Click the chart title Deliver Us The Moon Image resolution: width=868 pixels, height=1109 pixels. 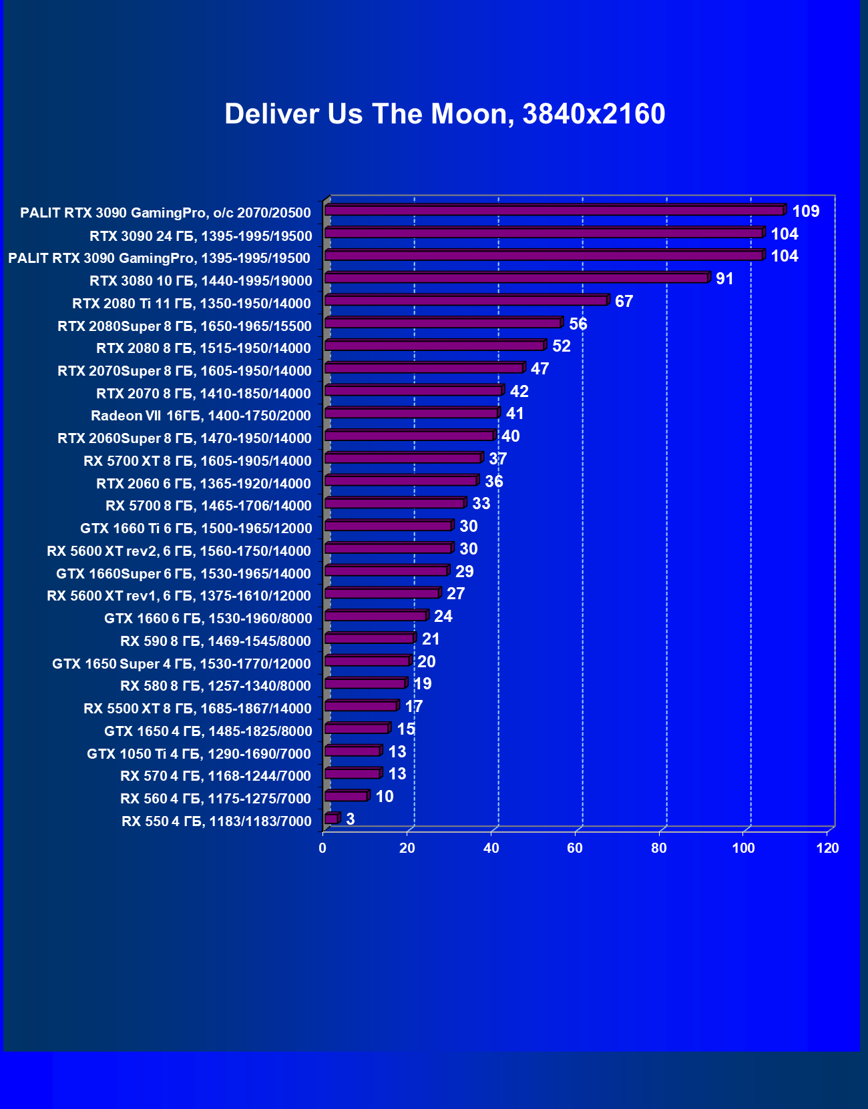pyautogui.click(x=445, y=114)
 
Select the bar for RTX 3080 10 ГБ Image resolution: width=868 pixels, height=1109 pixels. pyautogui.click(x=516, y=278)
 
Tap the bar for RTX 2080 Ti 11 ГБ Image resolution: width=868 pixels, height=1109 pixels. pyautogui.click(x=465, y=301)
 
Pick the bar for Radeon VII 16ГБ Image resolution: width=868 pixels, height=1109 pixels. pyautogui.click(x=411, y=414)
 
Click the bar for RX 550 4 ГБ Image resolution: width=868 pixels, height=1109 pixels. pyautogui.click(x=331, y=819)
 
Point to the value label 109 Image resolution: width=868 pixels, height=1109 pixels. pyautogui.click(x=805, y=212)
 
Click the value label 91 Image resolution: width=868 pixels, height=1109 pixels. pyautogui.click(x=724, y=279)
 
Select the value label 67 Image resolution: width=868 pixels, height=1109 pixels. pyautogui.click(x=624, y=302)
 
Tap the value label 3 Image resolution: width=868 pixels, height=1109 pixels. pyautogui.click(x=351, y=819)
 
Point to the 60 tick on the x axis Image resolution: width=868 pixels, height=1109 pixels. pyautogui.click(x=575, y=848)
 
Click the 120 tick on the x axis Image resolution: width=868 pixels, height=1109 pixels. pyautogui.click(x=827, y=848)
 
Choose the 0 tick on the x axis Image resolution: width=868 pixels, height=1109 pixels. pyautogui.click(x=322, y=848)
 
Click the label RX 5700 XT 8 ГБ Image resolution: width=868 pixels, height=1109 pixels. pyautogui.click(x=198, y=461)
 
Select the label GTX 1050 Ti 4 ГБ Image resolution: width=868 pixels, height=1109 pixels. pyautogui.click(x=199, y=754)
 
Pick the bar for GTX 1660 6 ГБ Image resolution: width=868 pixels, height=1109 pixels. pyautogui.click(x=375, y=616)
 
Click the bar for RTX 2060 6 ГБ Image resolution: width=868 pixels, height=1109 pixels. pyautogui.click(x=401, y=481)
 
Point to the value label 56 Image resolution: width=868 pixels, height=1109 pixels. pyautogui.click(x=578, y=324)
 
